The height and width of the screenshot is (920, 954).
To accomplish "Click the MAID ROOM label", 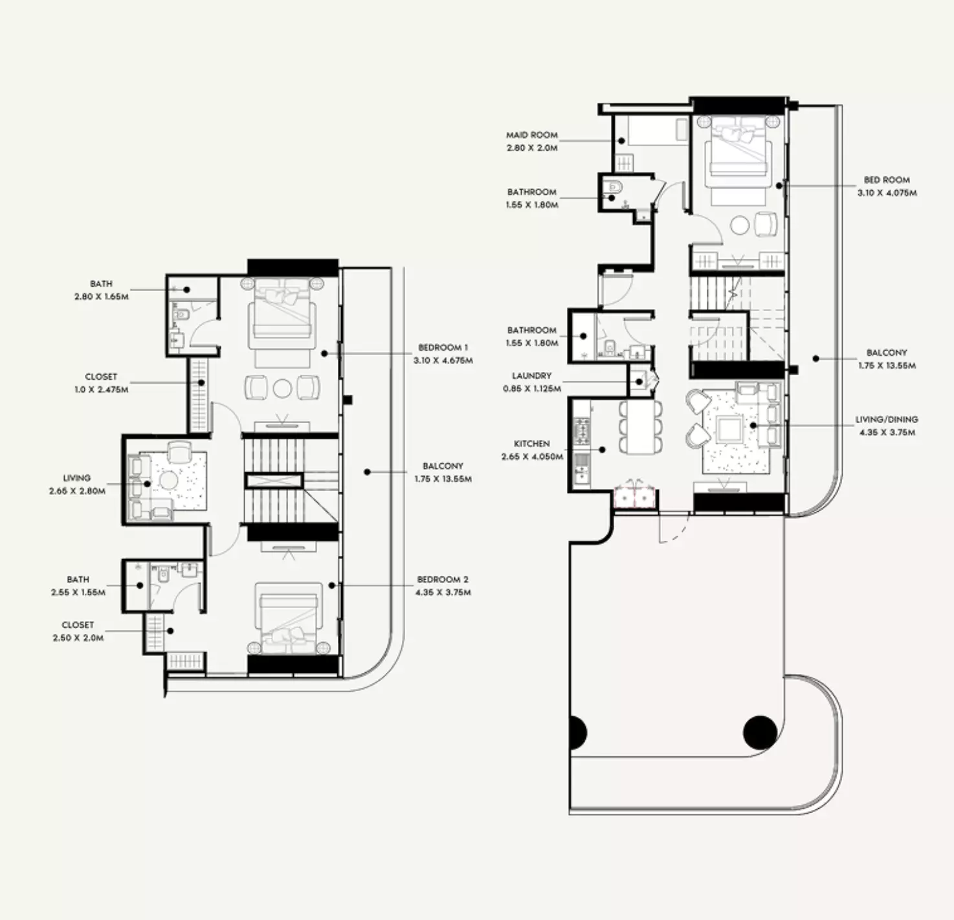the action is (x=532, y=135).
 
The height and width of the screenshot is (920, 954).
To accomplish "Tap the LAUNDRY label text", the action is (x=531, y=376).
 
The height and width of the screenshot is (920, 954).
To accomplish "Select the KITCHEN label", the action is (x=532, y=444).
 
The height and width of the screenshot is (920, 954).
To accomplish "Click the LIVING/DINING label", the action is (x=887, y=419).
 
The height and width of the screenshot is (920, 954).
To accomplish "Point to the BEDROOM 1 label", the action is (x=443, y=347).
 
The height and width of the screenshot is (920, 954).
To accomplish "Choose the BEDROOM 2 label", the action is (x=443, y=579).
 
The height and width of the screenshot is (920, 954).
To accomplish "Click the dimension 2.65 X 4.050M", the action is (x=532, y=457).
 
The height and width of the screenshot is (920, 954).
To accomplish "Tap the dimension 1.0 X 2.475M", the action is (x=101, y=389).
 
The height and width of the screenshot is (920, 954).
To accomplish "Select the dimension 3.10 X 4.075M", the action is (x=887, y=193).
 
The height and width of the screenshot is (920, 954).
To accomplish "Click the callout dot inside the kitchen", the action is (x=603, y=450).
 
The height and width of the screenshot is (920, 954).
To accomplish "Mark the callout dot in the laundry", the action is (x=640, y=382).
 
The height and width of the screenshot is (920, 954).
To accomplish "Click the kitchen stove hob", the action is (x=582, y=432).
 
